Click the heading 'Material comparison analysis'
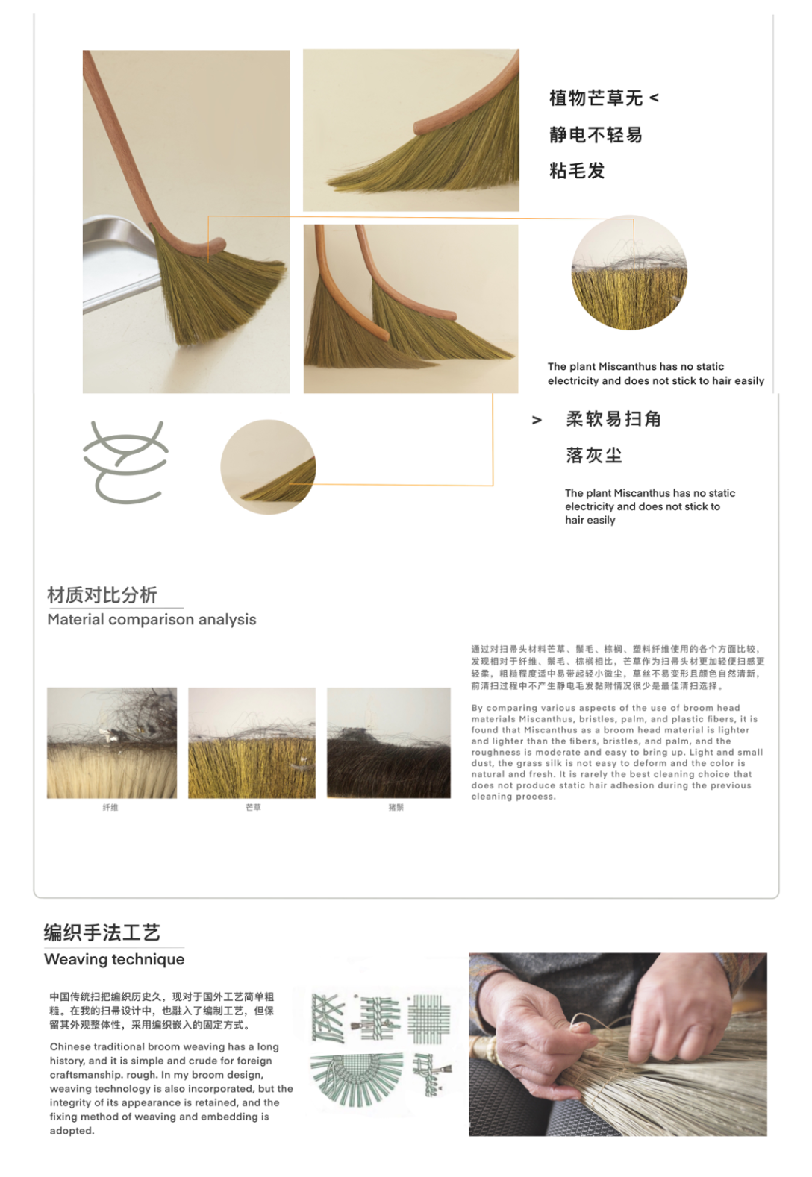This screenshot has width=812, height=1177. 152,619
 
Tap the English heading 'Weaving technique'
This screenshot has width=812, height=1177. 114,959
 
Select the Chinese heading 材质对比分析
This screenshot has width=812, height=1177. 102,594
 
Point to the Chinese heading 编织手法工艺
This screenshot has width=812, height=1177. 102,932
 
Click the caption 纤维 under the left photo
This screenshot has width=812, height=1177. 110,807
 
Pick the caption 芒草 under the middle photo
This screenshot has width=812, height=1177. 253,807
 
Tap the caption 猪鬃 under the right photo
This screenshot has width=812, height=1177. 396,807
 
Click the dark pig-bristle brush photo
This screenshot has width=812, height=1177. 389,743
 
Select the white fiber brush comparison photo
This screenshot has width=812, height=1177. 112,743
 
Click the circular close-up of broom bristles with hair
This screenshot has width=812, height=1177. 629,273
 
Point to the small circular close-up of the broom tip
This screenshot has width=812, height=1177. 269,467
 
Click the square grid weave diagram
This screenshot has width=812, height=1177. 429,1018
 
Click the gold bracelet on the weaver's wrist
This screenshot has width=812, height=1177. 492,1049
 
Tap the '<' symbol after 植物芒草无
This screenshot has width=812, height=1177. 655,98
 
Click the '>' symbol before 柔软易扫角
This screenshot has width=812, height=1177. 537,420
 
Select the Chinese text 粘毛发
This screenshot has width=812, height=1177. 577,171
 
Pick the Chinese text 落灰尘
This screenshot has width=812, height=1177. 594,455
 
